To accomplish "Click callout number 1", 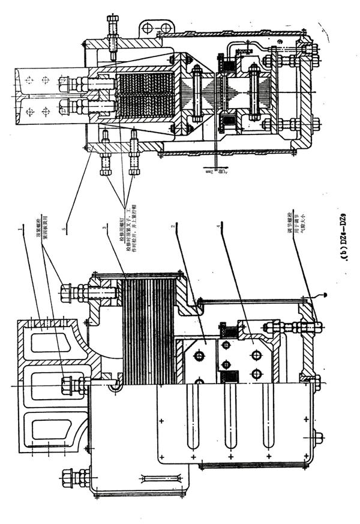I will pos(20,230).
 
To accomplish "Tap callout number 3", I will pos(104,229).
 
